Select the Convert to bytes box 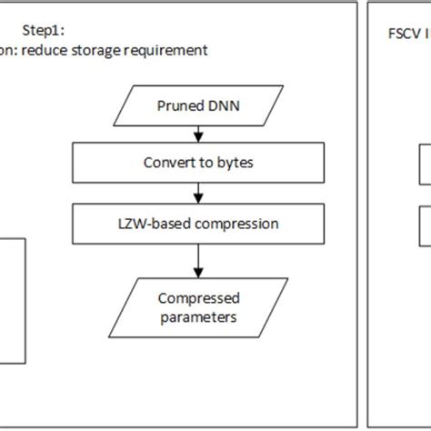(197, 165)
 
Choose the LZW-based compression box (197, 222)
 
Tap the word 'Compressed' (198, 297)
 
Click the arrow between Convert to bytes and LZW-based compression (197, 194)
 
